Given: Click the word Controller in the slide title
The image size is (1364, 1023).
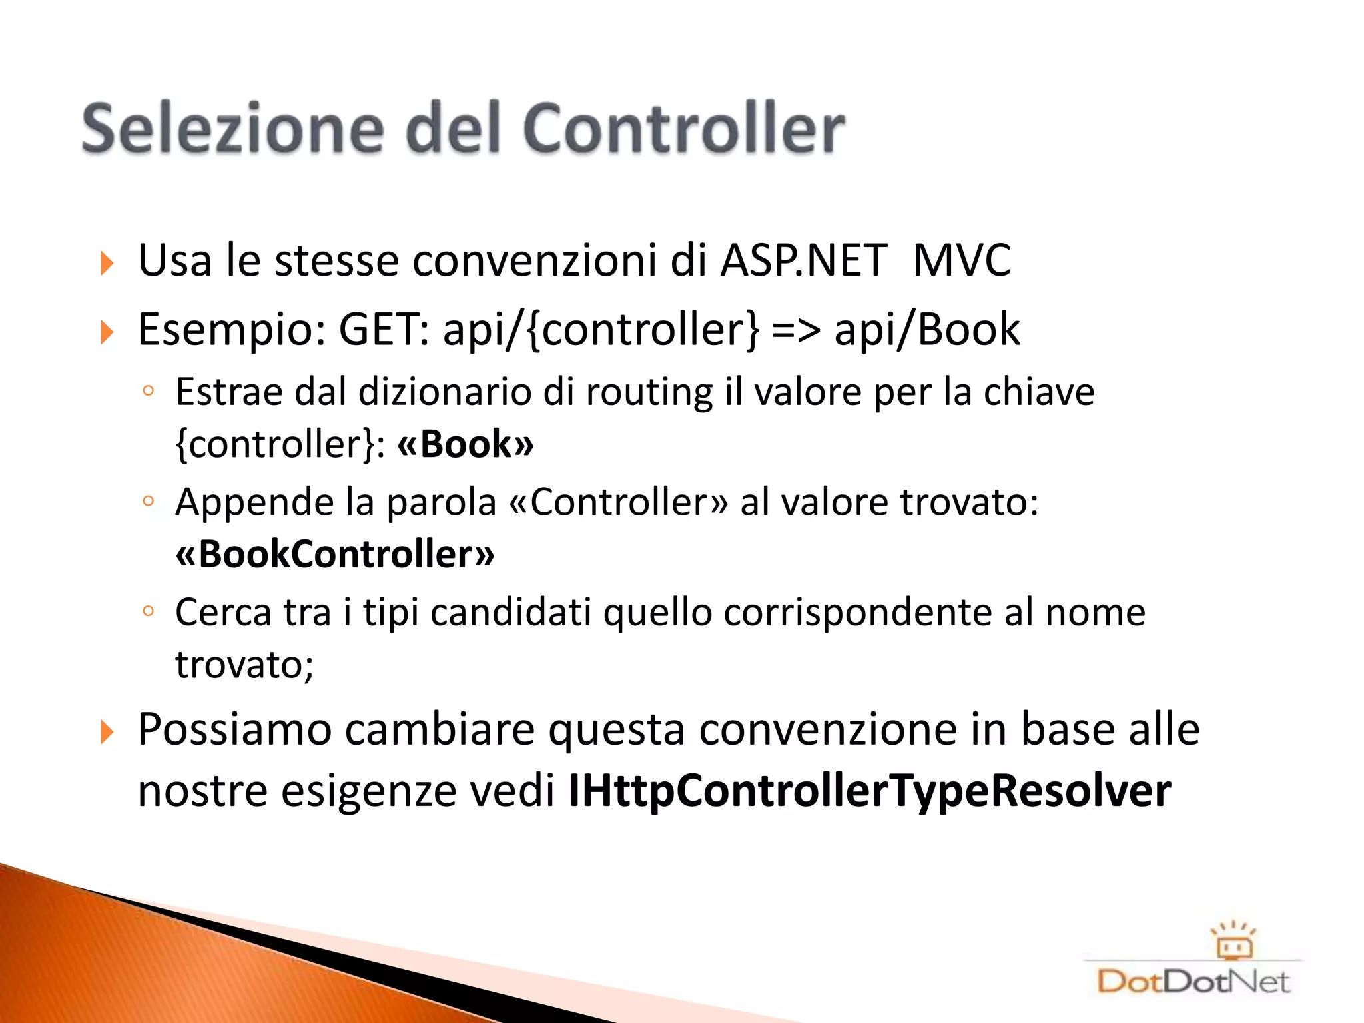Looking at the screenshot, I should pos(684,128).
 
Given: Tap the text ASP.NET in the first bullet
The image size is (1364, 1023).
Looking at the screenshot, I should pos(804,260).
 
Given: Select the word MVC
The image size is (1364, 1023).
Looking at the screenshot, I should pos(961,260).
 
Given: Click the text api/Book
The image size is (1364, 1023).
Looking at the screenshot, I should pos(927,330).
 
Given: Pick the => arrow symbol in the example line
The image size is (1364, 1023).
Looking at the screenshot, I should pos(796,330).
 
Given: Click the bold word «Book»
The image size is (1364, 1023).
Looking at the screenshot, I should pos(466,444).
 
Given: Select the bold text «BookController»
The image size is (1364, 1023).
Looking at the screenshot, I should pos(335,554).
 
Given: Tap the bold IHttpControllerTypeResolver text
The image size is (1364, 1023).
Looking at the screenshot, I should pos(869,791).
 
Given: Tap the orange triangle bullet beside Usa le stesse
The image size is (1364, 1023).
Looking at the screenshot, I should pos(107,263).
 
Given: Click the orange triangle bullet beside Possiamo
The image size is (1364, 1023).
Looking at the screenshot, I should pos(107,733).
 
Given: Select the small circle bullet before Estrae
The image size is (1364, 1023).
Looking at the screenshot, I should pos(149,391).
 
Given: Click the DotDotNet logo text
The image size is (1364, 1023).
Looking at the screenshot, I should pos(1193,982).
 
